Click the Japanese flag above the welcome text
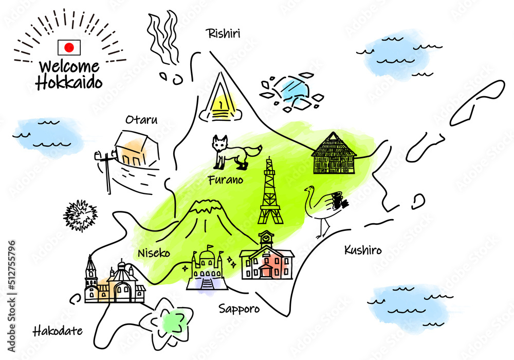[69, 47]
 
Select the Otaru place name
[142, 120]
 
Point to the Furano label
[226, 179]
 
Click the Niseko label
[154, 253]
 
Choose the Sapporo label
[239, 309]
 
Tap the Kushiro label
[363, 250]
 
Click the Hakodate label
[58, 331]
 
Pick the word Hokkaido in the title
[69, 82]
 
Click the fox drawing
[235, 152]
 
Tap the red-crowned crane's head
[310, 189]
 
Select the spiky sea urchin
[80, 215]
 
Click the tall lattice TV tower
[270, 191]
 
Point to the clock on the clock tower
[266, 236]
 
